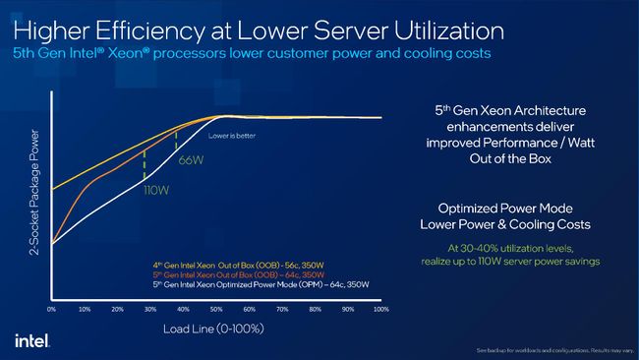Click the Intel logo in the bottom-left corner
pos(27,339)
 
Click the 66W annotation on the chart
pos(190,158)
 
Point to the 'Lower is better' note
pos(232,135)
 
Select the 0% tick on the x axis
pos(52,309)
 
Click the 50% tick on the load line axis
pos(216,309)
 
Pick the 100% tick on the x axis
pos(380,309)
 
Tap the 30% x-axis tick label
pos(150,309)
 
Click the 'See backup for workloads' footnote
pos(553,350)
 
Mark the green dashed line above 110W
pos(145,164)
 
